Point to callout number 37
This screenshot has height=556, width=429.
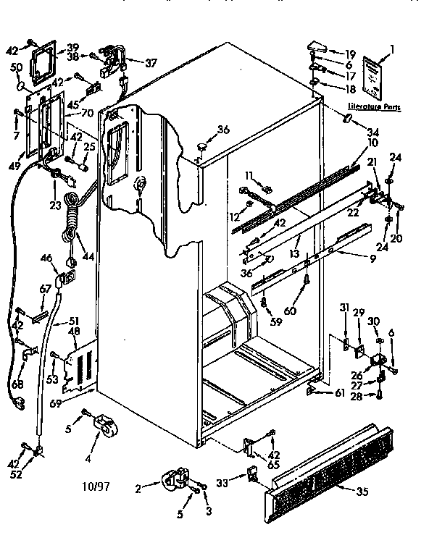coord(150,63)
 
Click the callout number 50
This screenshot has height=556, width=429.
coord(15,67)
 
